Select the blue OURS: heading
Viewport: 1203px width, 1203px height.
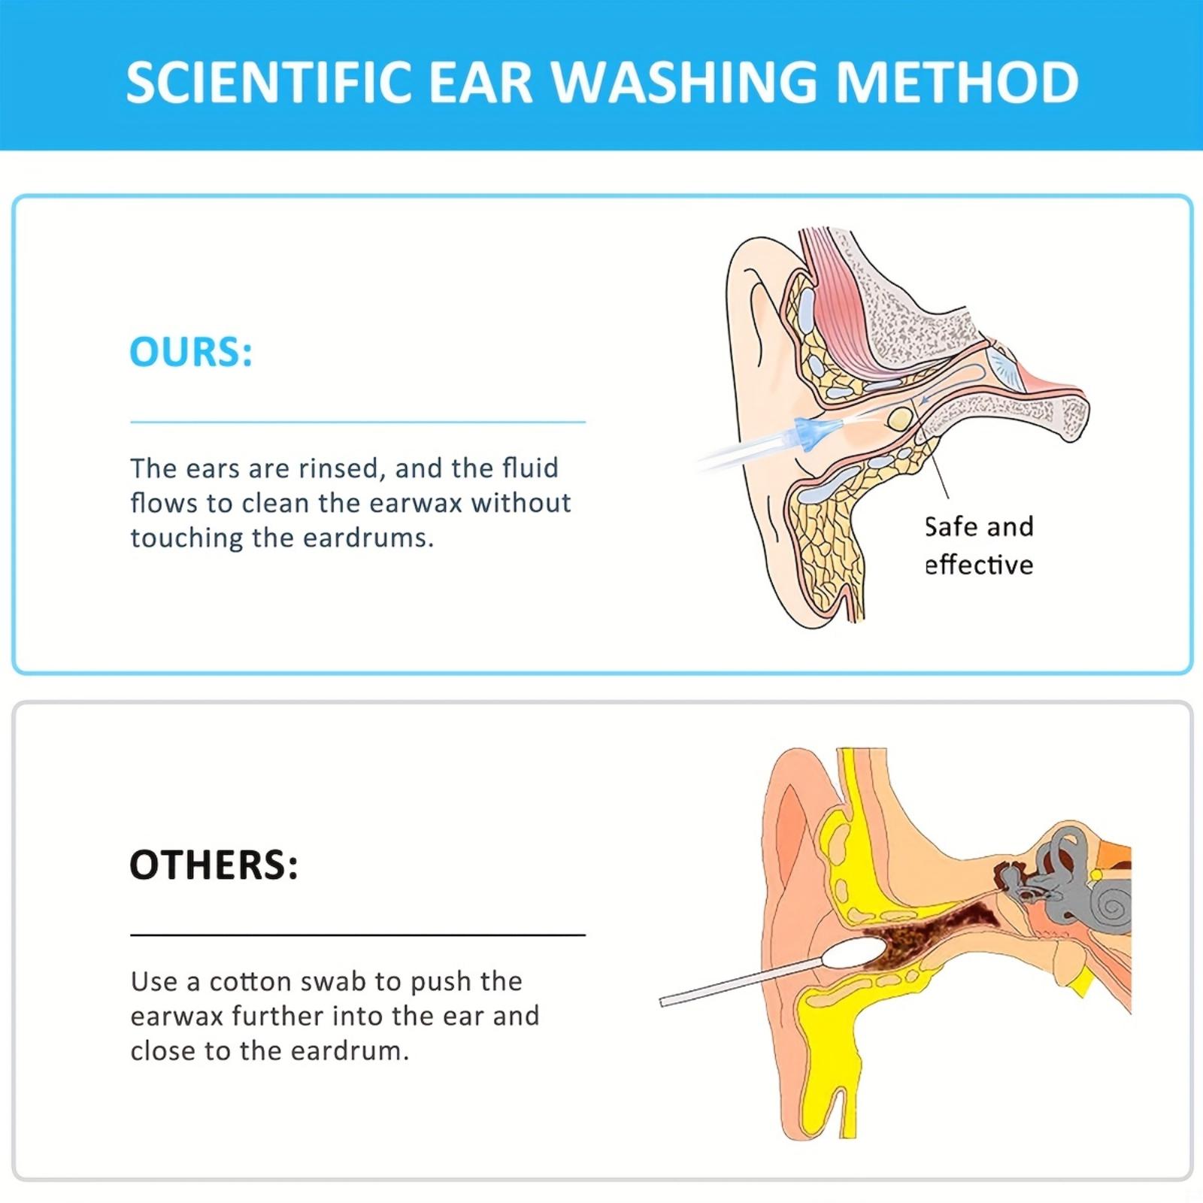pyautogui.click(x=191, y=352)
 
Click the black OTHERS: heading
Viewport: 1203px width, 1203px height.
pyautogui.click(x=214, y=865)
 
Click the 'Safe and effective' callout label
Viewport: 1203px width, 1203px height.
pyautogui.click(x=979, y=546)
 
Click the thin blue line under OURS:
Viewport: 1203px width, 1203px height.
pyautogui.click(x=358, y=423)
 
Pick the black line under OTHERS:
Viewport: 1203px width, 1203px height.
pyautogui.click(x=358, y=935)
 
